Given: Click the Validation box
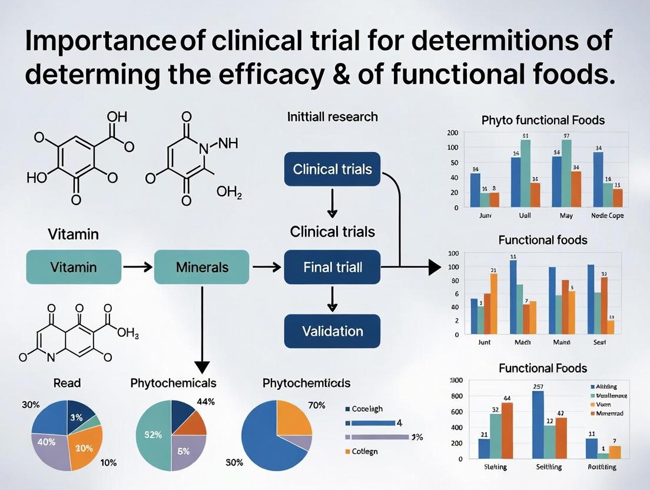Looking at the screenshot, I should coord(332,331).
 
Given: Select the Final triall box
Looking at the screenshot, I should coord(332,267).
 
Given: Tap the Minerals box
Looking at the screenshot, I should coord(202,267).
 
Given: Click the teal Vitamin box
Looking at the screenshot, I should coord(74,267).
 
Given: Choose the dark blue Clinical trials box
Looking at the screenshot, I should coord(332,170).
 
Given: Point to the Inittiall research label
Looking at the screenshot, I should coord(332,117).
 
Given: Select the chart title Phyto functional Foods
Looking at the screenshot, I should coord(543,120).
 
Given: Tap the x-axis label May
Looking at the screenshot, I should coord(566,216).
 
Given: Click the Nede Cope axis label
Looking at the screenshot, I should coord(607,216).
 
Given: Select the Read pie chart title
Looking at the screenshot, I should coord(67,383).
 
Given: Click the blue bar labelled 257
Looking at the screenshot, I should coord(538,425).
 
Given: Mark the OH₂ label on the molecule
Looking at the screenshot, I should coord(229,193).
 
